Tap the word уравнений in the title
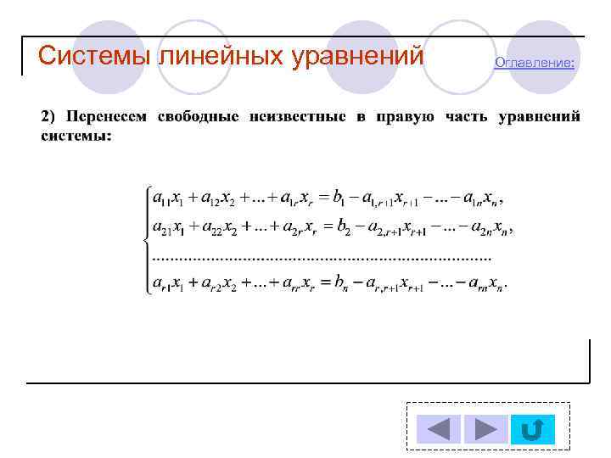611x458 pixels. [357, 56]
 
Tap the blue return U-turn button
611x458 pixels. [532, 429]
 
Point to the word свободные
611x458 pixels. [198, 116]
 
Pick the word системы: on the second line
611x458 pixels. [76, 135]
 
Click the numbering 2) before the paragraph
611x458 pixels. [49, 116]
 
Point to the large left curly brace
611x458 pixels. [145, 240]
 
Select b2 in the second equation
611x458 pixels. [343, 227]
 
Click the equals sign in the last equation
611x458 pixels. [324, 282]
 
